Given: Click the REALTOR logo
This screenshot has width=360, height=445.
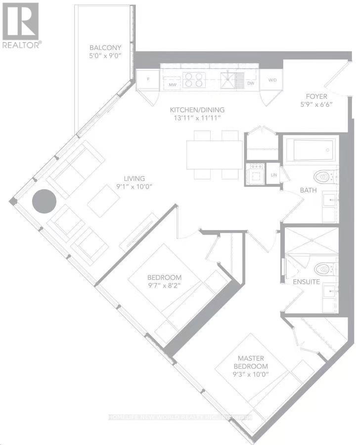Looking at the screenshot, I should click(x=20, y=25).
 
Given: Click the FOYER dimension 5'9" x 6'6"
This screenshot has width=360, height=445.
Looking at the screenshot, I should click(x=317, y=105).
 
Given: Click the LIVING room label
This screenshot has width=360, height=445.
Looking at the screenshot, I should click(x=134, y=179).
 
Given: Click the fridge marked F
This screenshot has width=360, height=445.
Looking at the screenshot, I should click(x=147, y=79).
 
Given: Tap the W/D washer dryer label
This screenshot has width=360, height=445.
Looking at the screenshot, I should click(x=272, y=80).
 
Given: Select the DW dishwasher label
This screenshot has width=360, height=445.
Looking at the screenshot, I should click(x=250, y=84).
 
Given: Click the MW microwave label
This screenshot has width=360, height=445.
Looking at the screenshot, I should click(x=173, y=85).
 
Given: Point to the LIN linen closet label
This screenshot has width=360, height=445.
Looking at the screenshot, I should click(x=273, y=175).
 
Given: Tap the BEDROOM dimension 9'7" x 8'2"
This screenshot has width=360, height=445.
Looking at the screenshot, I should click(x=164, y=285).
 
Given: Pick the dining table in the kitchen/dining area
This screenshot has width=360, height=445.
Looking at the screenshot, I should click(x=214, y=154).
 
